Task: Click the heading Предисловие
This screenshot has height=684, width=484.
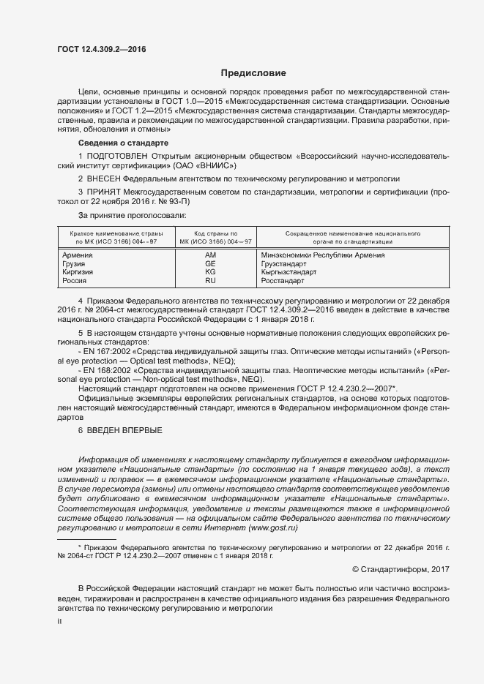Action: click(253, 73)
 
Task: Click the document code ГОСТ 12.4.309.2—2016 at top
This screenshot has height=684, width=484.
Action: click(101, 49)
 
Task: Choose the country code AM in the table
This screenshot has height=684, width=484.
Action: click(210, 255)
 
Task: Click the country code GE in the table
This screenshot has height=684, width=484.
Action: click(210, 263)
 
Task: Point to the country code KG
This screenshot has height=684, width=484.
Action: click(210, 271)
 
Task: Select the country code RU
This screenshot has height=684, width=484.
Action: click(210, 280)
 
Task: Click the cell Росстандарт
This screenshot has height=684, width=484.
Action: click(282, 280)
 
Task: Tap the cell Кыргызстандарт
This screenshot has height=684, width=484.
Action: click(288, 271)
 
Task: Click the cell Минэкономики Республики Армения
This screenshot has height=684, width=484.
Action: click(322, 255)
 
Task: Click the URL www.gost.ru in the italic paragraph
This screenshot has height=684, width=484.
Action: click(273, 528)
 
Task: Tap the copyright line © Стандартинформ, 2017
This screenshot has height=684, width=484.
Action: click(401, 569)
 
